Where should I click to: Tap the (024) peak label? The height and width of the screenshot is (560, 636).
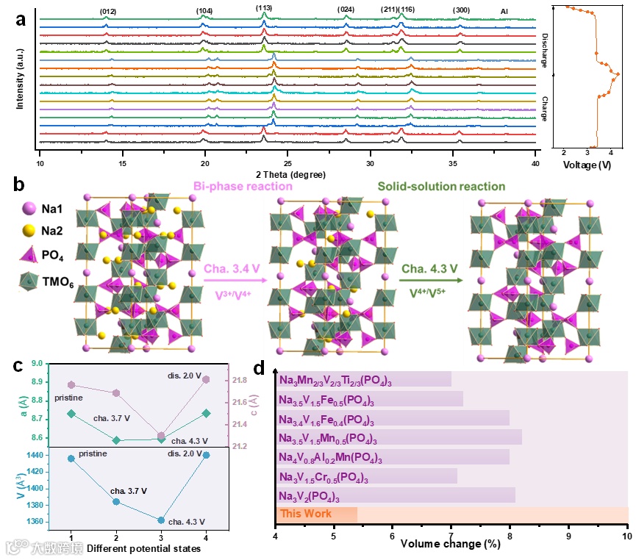pos(346,10)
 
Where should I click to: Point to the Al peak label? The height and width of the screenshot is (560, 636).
pos(504,11)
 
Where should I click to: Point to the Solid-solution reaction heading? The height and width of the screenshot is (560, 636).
pos(441,187)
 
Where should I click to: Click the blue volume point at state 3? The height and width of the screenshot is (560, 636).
pos(161,520)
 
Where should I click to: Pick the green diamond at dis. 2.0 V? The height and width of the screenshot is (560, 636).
pos(206,413)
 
